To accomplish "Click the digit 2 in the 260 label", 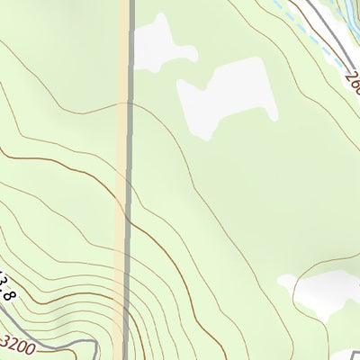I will point(349,81).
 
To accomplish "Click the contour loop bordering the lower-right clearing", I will point(297,274).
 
